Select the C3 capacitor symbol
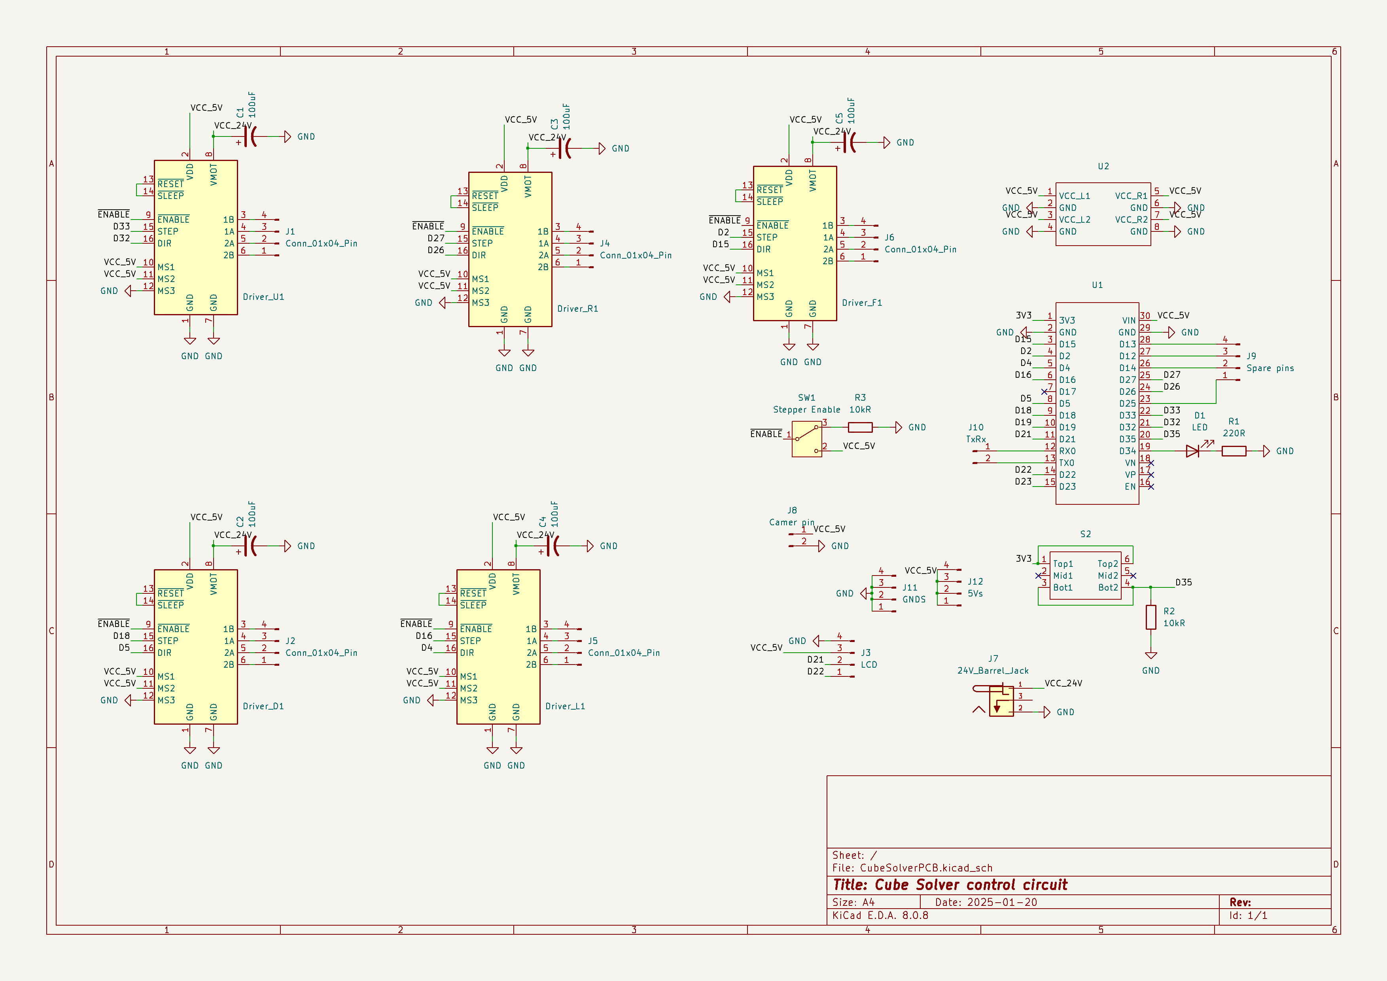[564, 148]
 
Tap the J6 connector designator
[889, 237]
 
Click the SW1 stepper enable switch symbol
[806, 439]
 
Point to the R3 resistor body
[860, 427]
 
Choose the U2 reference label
[1103, 166]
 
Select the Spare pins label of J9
[1270, 368]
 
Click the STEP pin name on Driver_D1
[168, 640]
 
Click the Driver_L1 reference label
[565, 706]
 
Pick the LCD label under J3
[869, 665]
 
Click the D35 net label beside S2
[1183, 582]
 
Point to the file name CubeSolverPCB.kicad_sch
[925, 867]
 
